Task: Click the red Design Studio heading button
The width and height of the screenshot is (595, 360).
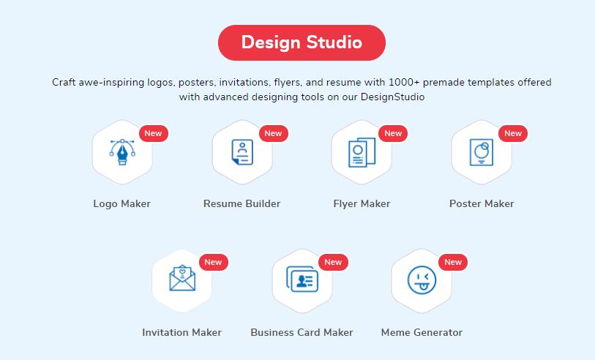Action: point(302,42)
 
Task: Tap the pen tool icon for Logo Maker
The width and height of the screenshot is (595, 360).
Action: point(122,152)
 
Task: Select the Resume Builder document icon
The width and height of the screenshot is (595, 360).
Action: point(242,152)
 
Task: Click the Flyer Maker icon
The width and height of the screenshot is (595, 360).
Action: point(362,152)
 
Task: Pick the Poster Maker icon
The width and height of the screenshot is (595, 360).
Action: point(482,152)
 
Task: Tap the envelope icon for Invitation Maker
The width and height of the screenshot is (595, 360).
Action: point(182,278)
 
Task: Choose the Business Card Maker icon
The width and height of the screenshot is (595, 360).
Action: point(302,280)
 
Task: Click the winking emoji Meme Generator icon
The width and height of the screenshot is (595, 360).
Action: point(422,280)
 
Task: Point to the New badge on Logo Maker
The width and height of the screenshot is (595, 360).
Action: point(153,133)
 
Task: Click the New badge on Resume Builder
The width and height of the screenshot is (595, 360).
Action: point(273,133)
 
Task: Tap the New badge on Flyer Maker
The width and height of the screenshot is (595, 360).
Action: point(393,133)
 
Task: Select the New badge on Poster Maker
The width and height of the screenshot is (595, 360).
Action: point(513,133)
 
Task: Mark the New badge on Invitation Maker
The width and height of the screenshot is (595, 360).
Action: point(213,262)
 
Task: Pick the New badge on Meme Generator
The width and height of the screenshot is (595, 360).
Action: point(453,262)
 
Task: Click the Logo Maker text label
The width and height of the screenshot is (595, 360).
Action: point(121,203)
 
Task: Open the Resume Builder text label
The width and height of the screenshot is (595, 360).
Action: point(242,203)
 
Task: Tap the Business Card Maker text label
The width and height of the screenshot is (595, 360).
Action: point(302,332)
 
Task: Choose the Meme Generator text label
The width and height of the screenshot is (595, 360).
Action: point(422,332)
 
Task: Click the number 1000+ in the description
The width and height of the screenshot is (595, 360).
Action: point(404,83)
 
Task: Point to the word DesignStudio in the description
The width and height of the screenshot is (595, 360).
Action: point(392,97)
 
